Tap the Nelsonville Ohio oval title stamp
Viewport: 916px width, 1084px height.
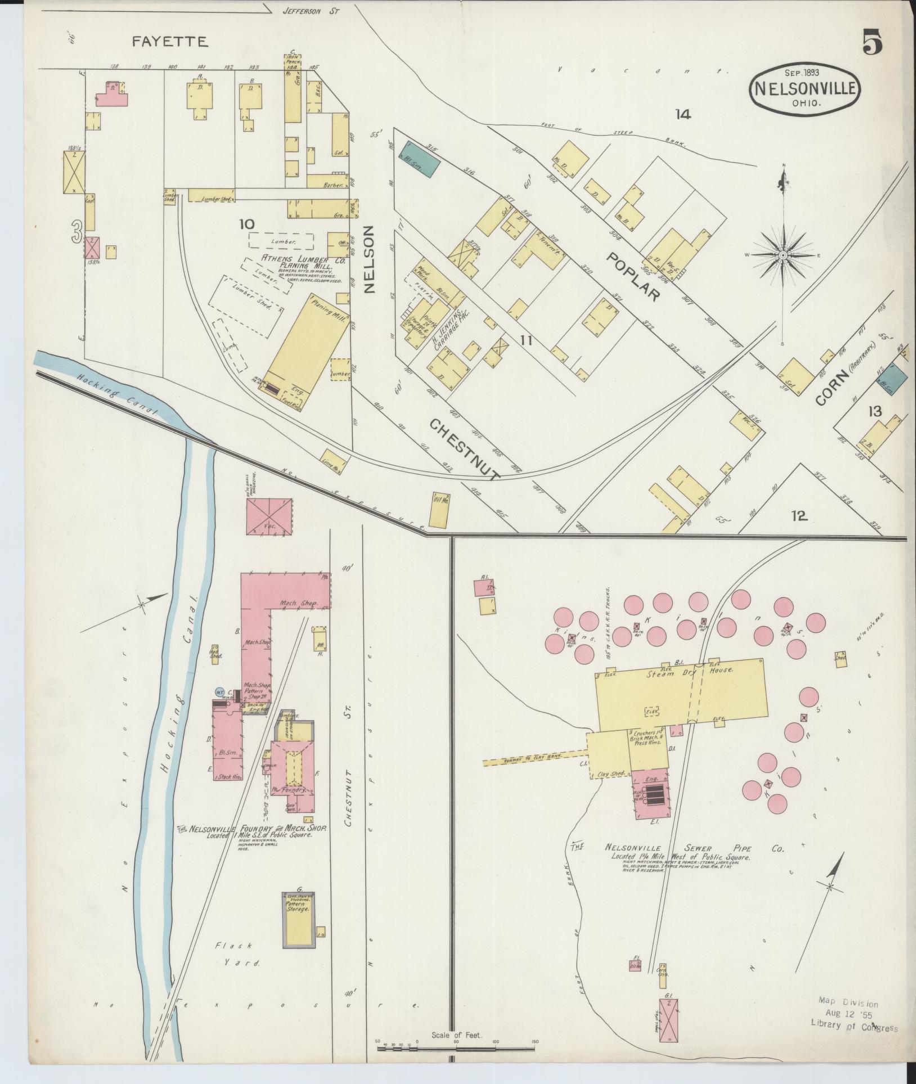point(806,93)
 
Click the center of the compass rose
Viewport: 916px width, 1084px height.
point(783,255)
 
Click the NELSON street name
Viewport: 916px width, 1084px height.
point(369,259)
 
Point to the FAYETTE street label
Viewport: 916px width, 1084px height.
point(170,41)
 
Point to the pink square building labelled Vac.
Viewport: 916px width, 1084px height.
point(270,516)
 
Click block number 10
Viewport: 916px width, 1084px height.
point(246,224)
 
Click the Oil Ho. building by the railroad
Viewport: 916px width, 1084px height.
point(439,511)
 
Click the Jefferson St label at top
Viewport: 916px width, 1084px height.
point(304,10)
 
